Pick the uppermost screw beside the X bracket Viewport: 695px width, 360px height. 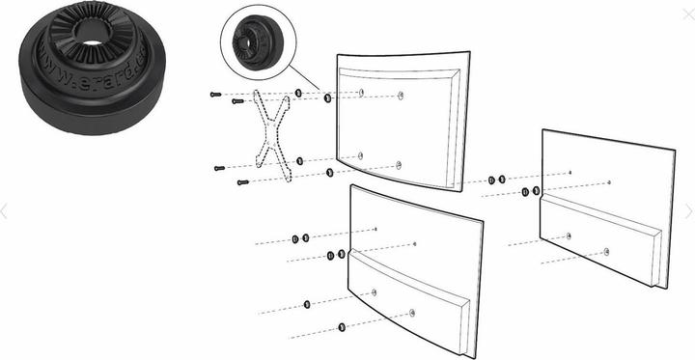point(214,94)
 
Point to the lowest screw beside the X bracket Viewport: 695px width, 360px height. point(242,181)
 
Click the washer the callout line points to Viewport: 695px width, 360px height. point(328,98)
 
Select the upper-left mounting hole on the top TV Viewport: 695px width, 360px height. point(360,93)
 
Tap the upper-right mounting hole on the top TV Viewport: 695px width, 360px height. point(400,97)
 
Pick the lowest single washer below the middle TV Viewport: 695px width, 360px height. point(345,327)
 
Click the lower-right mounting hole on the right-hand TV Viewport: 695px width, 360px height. point(606,251)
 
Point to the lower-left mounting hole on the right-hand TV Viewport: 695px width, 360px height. point(570,235)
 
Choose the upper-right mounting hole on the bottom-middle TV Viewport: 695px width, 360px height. point(414,244)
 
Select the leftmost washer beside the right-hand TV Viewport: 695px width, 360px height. point(491,180)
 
